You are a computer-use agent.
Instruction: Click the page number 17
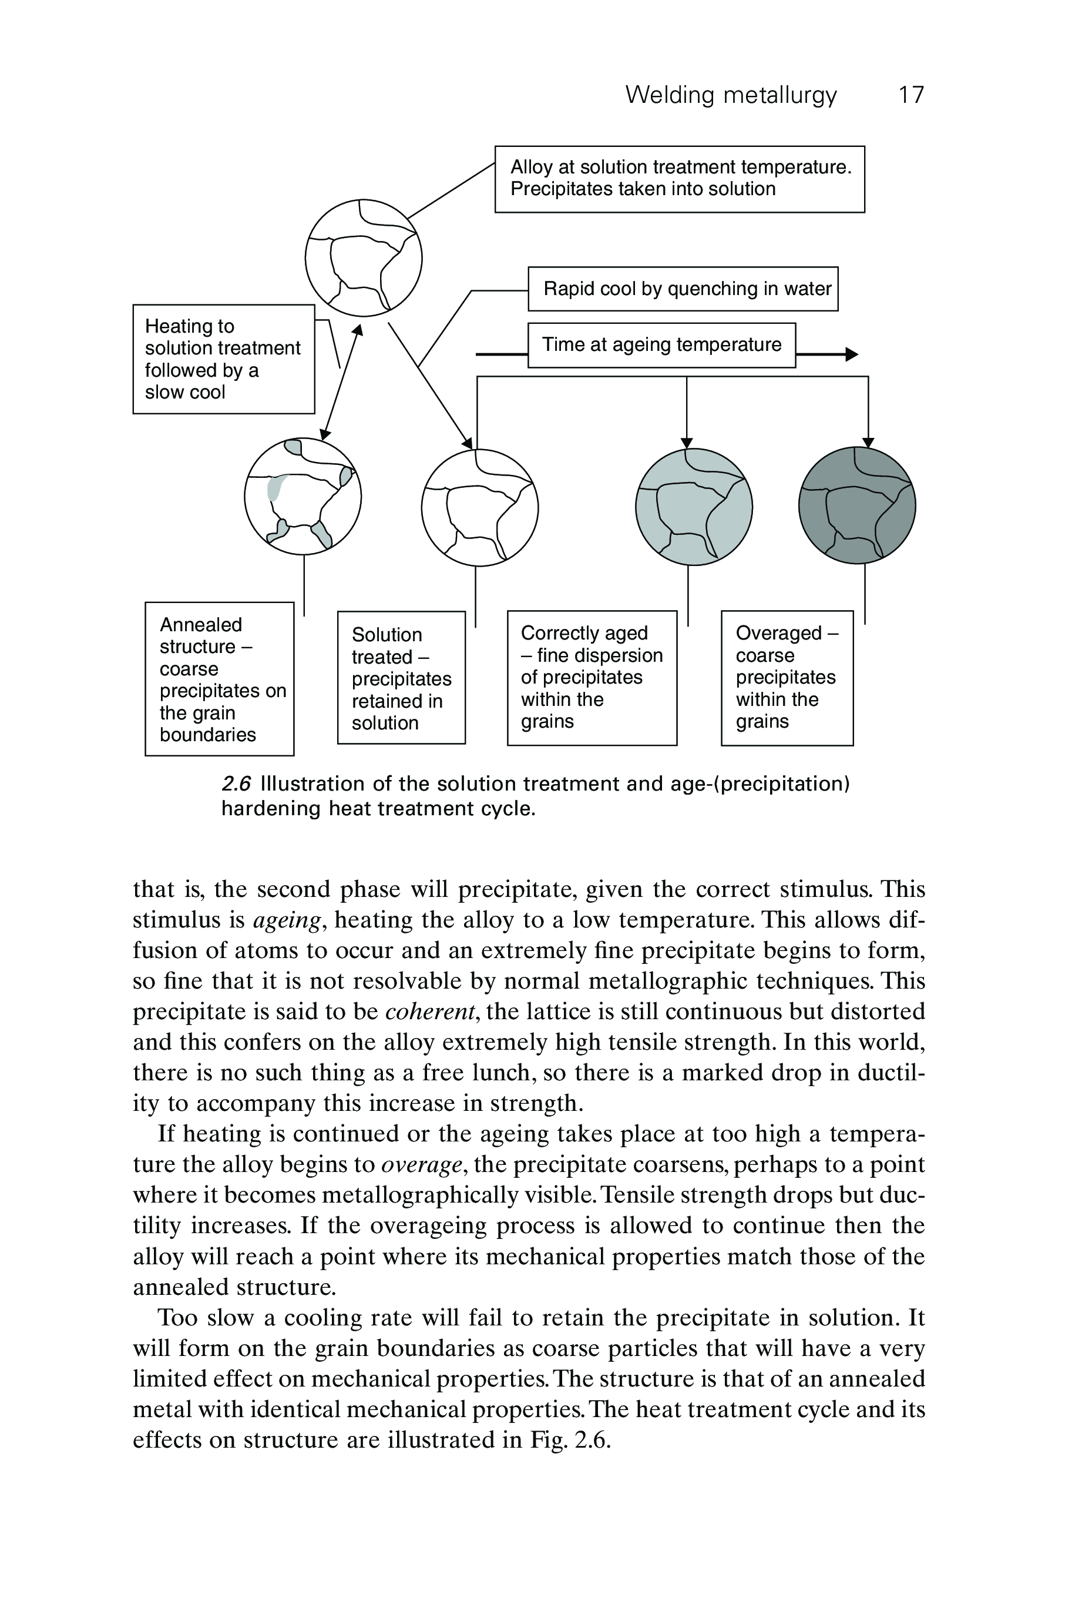[x=911, y=95]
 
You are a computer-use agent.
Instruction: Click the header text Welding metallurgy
[x=731, y=95]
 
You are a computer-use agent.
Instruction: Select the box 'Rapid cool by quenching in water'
[x=683, y=289]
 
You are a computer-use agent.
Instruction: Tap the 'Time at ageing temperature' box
[x=661, y=344]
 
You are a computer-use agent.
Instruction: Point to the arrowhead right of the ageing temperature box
[x=852, y=354]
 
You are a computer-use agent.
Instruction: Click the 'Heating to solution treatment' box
[x=224, y=359]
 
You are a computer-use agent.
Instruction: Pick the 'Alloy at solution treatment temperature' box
[x=680, y=179]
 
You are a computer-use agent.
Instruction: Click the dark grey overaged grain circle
[x=857, y=505]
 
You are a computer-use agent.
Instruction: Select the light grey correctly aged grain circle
[x=694, y=507]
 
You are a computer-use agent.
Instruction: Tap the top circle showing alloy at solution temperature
[x=364, y=257]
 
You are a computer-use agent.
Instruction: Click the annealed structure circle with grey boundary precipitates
[x=303, y=495]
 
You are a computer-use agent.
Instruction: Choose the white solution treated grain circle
[x=479, y=507]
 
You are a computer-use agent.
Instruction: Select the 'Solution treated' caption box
[x=401, y=677]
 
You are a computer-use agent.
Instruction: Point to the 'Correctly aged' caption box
[x=592, y=677]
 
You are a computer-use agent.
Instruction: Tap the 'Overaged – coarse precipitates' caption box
[x=787, y=677]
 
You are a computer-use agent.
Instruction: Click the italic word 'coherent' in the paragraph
[x=431, y=1012]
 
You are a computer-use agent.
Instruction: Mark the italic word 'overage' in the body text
[x=421, y=1165]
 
